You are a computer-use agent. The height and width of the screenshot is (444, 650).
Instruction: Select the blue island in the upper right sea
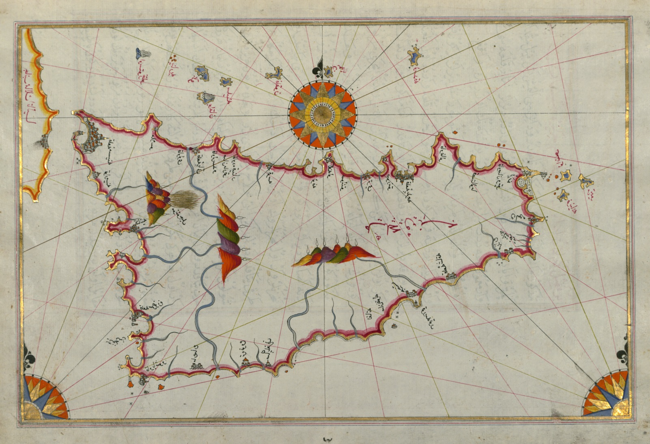coord(415,55)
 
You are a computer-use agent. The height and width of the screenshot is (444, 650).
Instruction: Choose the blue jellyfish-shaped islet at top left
coord(142,54)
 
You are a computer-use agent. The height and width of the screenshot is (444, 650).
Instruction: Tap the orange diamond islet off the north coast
coord(454,132)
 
